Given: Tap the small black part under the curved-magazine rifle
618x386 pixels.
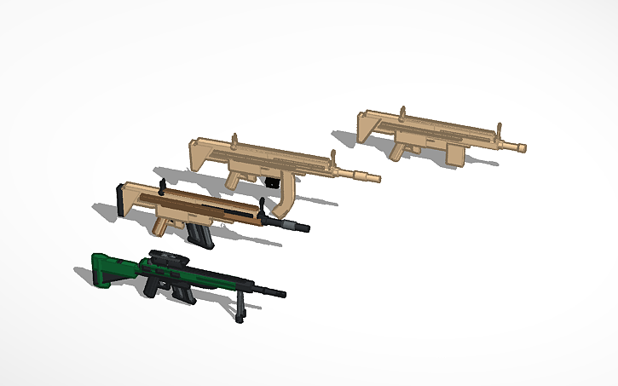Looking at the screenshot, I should click(272, 181).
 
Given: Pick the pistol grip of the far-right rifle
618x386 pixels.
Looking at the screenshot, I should click(397, 152).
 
